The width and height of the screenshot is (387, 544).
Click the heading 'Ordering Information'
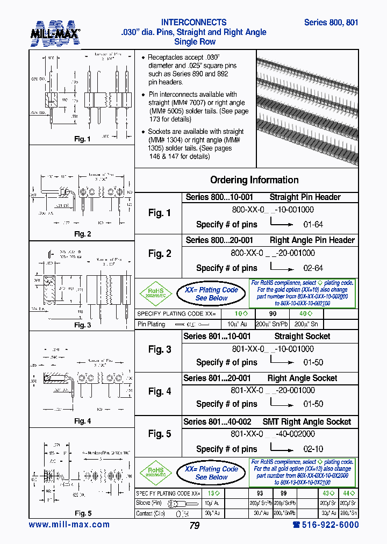click(254, 180)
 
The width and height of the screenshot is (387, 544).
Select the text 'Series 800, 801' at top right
click(331, 23)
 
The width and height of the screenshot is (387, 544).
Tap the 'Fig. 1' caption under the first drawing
click(82, 139)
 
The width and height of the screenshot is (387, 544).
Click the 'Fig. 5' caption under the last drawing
click(82, 513)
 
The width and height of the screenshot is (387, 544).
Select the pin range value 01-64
click(313, 224)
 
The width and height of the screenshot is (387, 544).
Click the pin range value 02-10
click(313, 449)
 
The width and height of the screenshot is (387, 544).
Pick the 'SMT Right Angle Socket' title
click(306, 422)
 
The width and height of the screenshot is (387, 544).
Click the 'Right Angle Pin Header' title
click(312, 240)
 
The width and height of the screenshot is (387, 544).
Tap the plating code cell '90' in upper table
click(273, 313)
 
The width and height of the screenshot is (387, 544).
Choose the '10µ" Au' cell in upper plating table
click(237, 324)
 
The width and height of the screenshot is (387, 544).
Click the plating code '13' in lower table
click(213, 492)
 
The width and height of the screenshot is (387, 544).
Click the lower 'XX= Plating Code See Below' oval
click(211, 473)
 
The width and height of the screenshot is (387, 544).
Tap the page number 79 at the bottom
click(194, 526)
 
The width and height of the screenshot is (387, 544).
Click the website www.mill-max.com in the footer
click(69, 525)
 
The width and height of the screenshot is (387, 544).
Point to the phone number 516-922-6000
click(326, 525)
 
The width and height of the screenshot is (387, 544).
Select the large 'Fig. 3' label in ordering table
click(160, 349)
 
